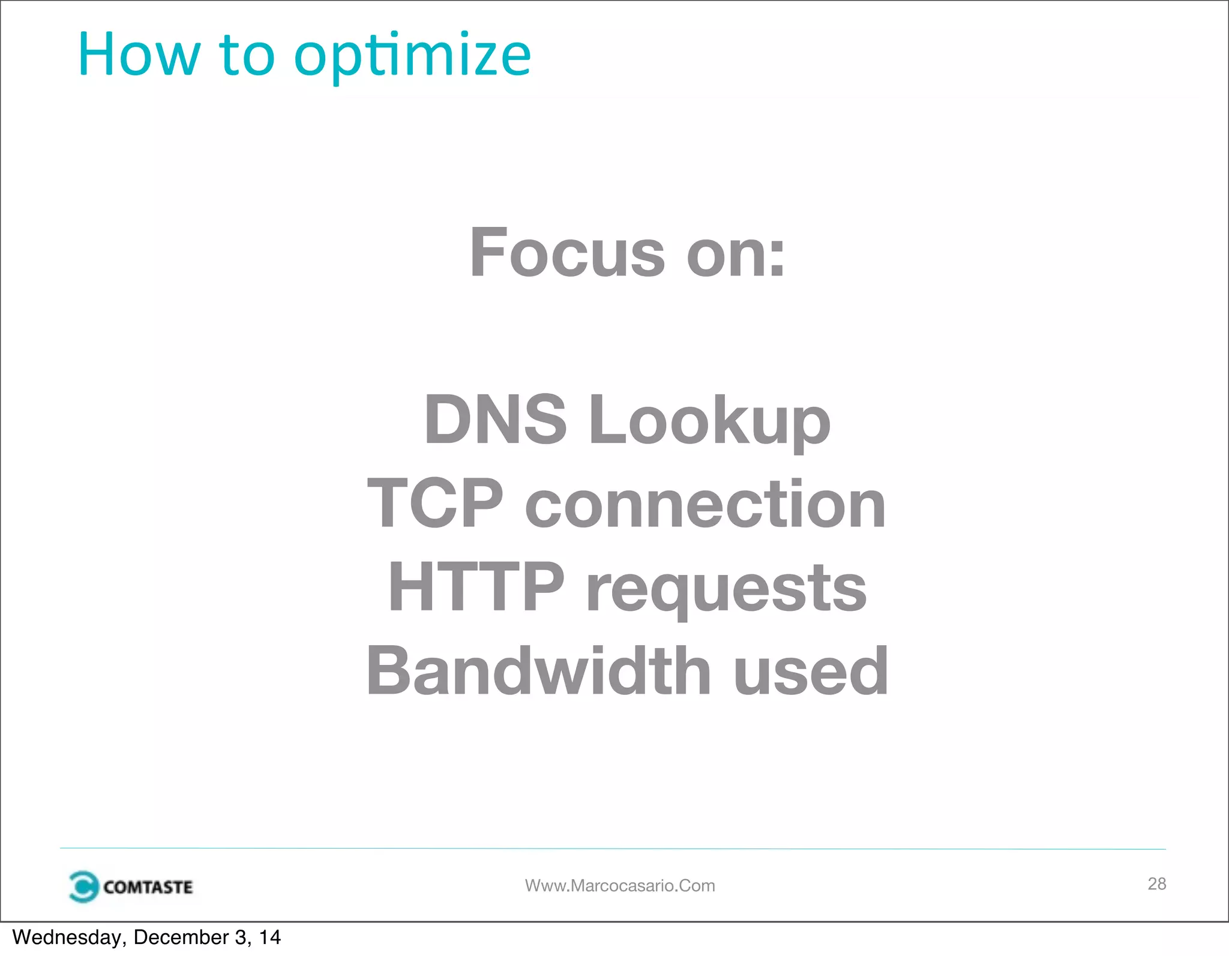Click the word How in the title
pyautogui.click(x=139, y=55)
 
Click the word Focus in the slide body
pyautogui.click(x=567, y=253)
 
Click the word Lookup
pyautogui.click(x=709, y=421)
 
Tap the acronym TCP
pyautogui.click(x=435, y=504)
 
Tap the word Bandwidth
pyautogui.click(x=538, y=671)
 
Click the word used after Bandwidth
pyautogui.click(x=811, y=672)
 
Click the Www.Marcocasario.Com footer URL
pyautogui.click(x=620, y=886)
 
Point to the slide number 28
pyautogui.click(x=1156, y=883)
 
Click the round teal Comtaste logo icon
pyautogui.click(x=83, y=886)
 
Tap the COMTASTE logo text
pyautogui.click(x=148, y=887)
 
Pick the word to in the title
pyautogui.click(x=247, y=55)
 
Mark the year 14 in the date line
pyautogui.click(x=269, y=937)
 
